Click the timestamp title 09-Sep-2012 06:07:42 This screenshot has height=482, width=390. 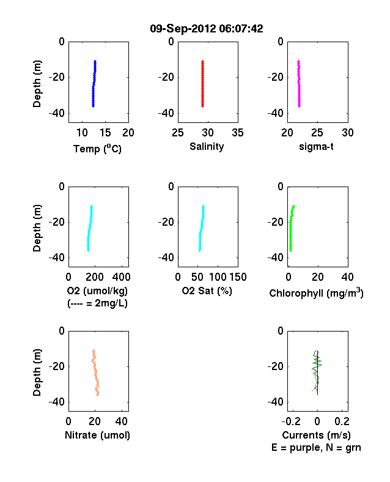207,29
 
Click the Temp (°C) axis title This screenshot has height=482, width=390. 97,149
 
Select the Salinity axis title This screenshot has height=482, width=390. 207,146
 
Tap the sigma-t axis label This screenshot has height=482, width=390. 316,147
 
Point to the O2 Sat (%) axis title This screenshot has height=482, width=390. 207,291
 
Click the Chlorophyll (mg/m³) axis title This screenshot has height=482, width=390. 316,293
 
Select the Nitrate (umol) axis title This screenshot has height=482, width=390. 97,436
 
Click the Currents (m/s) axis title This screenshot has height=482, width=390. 316,436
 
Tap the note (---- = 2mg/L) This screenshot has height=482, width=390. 97,303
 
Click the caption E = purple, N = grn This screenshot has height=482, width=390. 316,448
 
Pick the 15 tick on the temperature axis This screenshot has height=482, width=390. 105,133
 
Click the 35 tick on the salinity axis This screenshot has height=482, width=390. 238,133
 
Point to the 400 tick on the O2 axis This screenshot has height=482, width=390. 121,277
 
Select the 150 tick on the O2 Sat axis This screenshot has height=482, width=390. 238,277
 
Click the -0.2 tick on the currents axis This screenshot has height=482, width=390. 291,421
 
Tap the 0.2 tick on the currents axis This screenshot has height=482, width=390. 342,421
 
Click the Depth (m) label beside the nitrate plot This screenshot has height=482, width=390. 37,373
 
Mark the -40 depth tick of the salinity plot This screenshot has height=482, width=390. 166,113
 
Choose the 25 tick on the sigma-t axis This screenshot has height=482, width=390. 317,133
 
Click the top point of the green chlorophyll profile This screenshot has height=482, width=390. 294,206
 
